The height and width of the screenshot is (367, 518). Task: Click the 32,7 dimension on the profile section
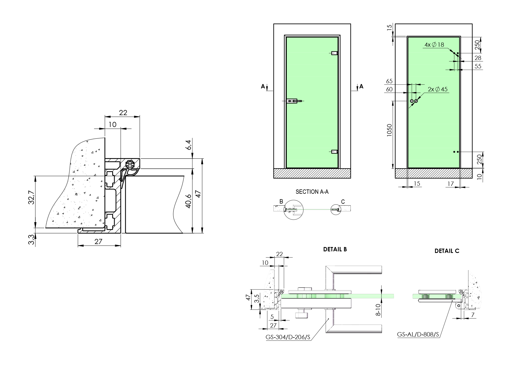[31, 198]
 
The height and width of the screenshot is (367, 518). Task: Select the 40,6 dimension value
[188, 201]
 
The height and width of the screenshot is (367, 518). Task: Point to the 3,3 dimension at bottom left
[31, 240]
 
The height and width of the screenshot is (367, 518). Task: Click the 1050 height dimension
[389, 130]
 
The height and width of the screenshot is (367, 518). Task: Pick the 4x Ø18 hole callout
[434, 45]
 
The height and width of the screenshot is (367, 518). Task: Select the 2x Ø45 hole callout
[438, 89]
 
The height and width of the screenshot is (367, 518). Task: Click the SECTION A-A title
[312, 192]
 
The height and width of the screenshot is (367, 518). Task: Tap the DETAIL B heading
[335, 249]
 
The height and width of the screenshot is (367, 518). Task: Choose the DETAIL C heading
[447, 251]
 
